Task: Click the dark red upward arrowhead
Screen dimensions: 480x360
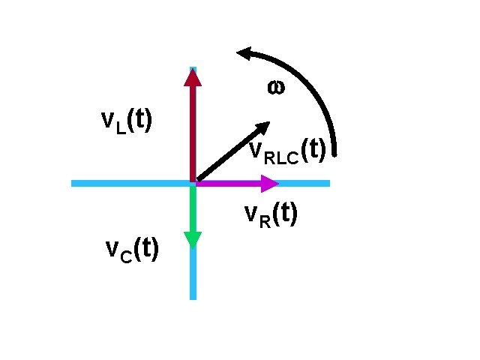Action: pyautogui.click(x=193, y=76)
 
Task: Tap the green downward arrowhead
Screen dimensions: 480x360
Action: pyautogui.click(x=193, y=239)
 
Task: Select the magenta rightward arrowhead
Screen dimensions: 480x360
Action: pyautogui.click(x=270, y=182)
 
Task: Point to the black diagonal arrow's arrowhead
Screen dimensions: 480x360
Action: pyautogui.click(x=262, y=127)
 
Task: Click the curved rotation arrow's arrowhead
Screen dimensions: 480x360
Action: pyautogui.click(x=244, y=53)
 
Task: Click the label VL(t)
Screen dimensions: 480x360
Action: pyautogui.click(x=127, y=121)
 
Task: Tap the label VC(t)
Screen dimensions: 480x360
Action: pyautogui.click(x=131, y=250)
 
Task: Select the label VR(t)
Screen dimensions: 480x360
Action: pyautogui.click(x=271, y=215)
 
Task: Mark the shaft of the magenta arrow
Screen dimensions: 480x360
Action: pyautogui.click(x=229, y=182)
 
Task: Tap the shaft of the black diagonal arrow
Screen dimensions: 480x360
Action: pyautogui.click(x=225, y=156)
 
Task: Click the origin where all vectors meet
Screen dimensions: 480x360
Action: pyautogui.click(x=193, y=182)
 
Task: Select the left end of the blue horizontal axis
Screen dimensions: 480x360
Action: pyautogui.click(x=73, y=183)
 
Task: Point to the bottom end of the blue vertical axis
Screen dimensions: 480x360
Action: pyautogui.click(x=193, y=297)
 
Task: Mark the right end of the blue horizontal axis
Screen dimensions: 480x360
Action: pyautogui.click(x=328, y=183)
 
